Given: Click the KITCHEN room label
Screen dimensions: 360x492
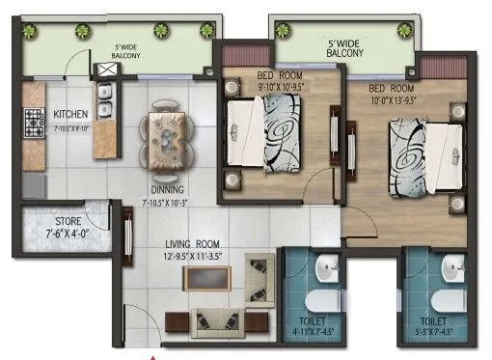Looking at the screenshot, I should click(71, 113).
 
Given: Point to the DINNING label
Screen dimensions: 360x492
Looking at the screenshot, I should click(168, 190).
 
